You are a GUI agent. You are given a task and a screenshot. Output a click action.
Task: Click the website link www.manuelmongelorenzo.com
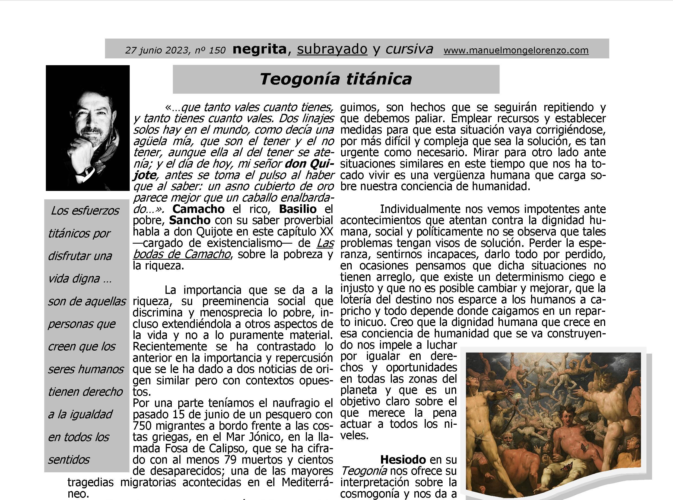tap(516, 50)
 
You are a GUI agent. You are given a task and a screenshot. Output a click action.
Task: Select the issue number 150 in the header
tap(217, 50)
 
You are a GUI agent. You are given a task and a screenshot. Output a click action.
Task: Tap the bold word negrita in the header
tap(259, 49)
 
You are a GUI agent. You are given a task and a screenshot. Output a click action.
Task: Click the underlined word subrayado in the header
tap(332, 49)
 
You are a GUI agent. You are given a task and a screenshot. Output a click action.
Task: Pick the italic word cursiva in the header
tap(409, 49)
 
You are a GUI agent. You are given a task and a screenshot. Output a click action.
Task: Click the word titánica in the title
tap(379, 79)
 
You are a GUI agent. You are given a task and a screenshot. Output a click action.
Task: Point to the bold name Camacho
tap(198, 209)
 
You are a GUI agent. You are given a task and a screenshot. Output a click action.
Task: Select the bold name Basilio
tap(297, 209)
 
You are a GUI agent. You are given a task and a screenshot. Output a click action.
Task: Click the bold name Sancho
tap(190, 220)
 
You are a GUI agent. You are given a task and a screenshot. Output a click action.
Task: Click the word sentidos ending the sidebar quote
tap(69, 460)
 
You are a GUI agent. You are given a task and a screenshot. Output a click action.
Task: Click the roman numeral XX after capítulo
tap(326, 232)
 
